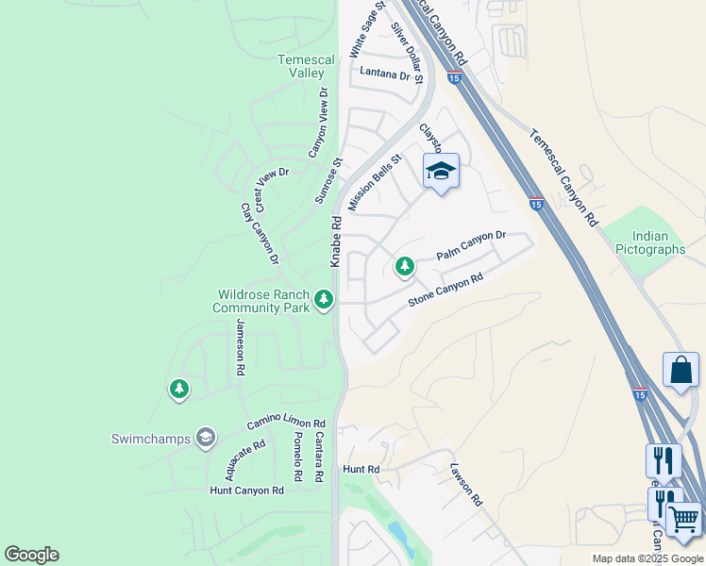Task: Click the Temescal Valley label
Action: (306, 66)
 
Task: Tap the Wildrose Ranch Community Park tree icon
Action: (324, 300)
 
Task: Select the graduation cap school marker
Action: (441, 172)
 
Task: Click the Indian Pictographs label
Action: (650, 243)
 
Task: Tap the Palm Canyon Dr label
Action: (471, 248)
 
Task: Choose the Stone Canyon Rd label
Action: (445, 290)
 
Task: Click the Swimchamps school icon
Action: (205, 438)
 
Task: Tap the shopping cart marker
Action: (683, 521)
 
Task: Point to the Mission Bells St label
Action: (375, 183)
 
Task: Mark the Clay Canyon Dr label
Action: (260, 234)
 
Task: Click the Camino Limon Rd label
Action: (286, 425)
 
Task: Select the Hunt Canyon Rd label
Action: (246, 491)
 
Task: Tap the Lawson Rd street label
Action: (466, 484)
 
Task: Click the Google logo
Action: (31, 555)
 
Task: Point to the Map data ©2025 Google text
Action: (647, 558)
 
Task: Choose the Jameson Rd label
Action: (240, 348)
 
